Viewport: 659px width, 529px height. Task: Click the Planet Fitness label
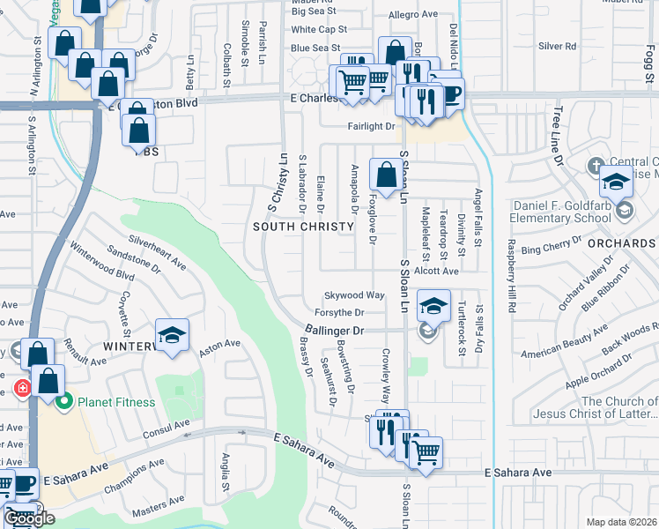(x=115, y=403)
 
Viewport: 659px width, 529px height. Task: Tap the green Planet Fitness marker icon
(x=63, y=403)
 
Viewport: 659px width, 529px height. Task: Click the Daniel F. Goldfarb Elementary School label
(x=562, y=212)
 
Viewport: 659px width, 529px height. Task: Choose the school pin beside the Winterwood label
(x=171, y=335)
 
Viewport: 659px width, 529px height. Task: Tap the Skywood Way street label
(x=354, y=295)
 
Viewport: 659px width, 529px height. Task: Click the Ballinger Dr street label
(x=336, y=330)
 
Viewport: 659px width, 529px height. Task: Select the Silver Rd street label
(x=557, y=46)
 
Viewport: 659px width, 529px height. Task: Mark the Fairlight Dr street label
(x=371, y=127)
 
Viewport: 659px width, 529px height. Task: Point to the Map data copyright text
(x=620, y=522)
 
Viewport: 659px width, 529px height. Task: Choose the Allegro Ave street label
(x=413, y=15)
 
